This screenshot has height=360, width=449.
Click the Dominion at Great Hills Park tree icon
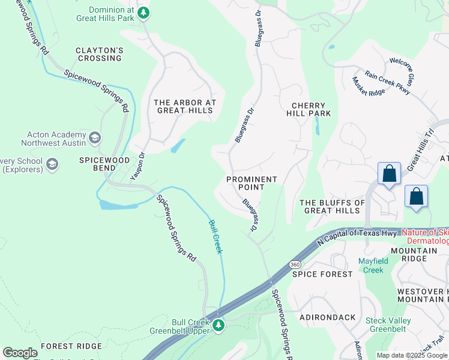[143, 13]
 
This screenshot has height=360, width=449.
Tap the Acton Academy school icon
[94, 139]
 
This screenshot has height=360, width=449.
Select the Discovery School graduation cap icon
[52, 164]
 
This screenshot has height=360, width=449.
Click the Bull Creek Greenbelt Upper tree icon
[218, 326]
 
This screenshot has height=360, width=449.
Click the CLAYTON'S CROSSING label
[99, 54]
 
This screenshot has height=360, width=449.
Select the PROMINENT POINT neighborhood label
[252, 183]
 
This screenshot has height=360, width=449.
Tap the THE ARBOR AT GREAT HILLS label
[184, 106]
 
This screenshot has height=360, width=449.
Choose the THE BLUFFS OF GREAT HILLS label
[332, 206]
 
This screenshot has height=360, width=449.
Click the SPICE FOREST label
[322, 274]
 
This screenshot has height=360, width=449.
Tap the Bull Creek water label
[215, 236]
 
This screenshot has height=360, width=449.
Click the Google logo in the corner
[20, 353]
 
